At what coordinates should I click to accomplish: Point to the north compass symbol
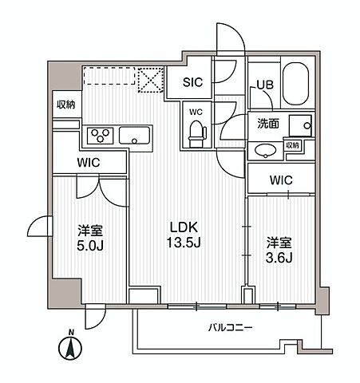(72, 347)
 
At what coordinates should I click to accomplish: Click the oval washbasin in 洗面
(263, 150)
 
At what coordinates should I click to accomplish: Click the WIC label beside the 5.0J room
(88, 163)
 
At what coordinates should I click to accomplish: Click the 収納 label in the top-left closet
(65, 105)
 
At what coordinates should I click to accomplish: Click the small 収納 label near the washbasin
(293, 145)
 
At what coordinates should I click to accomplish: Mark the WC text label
(196, 113)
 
